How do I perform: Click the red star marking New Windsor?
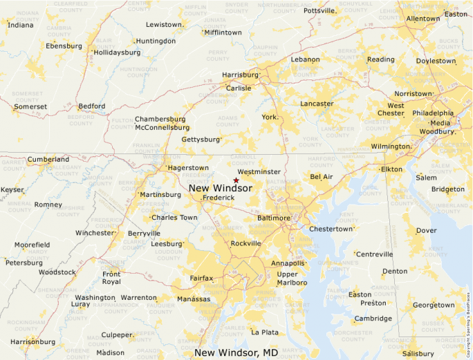pos(236,180)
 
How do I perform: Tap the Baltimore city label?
pos(274,218)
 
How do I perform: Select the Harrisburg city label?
pos(239,75)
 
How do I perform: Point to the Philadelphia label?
pos(433,113)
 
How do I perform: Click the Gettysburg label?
pos(200,140)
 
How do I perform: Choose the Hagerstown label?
pos(188,168)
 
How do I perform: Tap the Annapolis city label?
pos(288,263)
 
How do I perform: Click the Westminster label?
pos(259,172)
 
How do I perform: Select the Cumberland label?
pos(48,160)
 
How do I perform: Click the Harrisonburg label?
pos(33,341)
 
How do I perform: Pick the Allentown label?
pos(423,19)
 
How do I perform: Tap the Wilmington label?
pos(390,146)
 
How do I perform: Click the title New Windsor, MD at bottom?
pos(236,353)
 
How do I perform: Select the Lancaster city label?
pos(317,104)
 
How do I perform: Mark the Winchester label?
pos(95,233)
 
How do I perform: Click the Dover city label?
pos(426,231)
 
